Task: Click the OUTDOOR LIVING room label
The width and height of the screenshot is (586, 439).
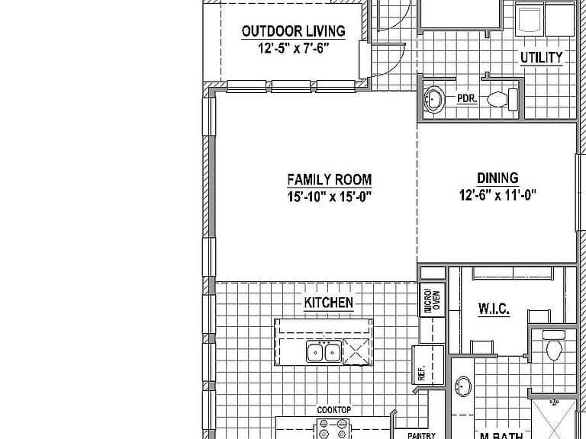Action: pos(293,31)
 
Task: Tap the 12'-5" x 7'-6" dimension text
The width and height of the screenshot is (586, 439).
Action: pos(293,48)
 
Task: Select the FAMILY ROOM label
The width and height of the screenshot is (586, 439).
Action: pos(330,180)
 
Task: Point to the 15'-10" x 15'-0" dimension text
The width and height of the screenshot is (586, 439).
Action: pos(330,197)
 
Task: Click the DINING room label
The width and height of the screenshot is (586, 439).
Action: pos(497,178)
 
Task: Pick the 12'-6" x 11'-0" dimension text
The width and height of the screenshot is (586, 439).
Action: pos(497,194)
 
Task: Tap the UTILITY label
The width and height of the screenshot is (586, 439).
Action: pos(542,57)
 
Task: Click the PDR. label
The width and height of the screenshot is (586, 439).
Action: pos(467,99)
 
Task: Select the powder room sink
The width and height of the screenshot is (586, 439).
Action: pos(433,99)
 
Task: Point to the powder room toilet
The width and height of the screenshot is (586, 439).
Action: pos(502,100)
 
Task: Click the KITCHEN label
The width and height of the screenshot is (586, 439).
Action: pos(329,303)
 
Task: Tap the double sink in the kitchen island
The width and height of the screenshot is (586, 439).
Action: pos(324,351)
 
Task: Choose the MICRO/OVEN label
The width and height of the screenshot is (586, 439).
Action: pos(433,300)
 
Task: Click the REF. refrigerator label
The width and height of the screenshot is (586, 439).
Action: pos(421,373)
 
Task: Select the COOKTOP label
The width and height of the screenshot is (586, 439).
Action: pos(333,410)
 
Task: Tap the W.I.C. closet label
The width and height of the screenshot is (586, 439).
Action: pos(494,309)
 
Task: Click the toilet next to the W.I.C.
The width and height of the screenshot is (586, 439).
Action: pos(554,344)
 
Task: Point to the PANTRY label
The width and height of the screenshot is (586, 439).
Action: pos(421,435)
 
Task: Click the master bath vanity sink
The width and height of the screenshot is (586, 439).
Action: pos(463,386)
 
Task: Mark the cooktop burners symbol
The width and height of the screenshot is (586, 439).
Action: pos(333,428)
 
